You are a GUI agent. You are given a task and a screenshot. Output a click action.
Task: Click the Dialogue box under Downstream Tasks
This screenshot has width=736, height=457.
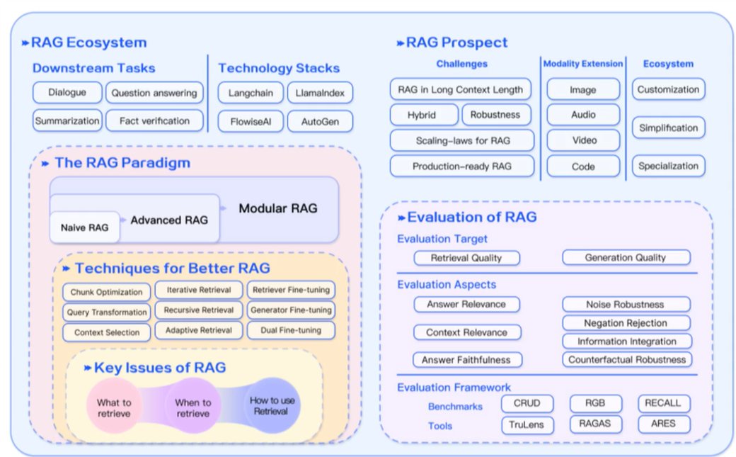[x=67, y=92]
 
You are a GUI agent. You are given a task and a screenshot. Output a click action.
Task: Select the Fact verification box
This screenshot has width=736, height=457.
[x=154, y=121]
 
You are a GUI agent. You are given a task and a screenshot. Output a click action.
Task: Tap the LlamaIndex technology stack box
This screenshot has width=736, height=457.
[x=320, y=93]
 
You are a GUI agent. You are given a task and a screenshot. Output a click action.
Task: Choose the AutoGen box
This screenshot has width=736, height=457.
[x=320, y=122]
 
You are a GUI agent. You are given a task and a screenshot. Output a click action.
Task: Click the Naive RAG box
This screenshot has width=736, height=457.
[x=84, y=227]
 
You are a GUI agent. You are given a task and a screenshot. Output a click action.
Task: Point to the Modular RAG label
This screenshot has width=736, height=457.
[x=277, y=208]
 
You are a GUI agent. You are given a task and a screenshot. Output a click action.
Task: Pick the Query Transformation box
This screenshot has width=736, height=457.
[x=107, y=312]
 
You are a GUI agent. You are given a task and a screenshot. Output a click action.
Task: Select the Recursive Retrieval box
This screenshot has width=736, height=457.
[x=198, y=310]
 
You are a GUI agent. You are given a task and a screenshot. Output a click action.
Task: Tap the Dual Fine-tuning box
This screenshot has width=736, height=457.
[x=290, y=330]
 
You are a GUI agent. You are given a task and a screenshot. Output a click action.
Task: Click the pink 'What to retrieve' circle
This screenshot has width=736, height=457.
[x=114, y=407]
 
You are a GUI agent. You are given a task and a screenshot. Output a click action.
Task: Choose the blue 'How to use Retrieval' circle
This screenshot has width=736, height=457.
[x=272, y=405]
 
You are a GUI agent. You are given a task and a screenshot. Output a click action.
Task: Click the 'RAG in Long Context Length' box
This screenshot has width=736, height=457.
[x=460, y=89]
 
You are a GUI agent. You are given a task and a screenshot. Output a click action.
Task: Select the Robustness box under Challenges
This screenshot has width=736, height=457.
[x=495, y=115]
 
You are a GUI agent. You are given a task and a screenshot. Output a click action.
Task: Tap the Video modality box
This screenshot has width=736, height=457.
[x=583, y=140]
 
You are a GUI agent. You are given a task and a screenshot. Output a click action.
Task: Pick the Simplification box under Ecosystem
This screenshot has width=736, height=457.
[x=668, y=128]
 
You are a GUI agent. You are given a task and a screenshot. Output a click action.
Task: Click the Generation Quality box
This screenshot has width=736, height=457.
[x=626, y=258]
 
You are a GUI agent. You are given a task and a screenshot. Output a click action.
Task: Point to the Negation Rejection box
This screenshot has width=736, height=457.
[x=626, y=323]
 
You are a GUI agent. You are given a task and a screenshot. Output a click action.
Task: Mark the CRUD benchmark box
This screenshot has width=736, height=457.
[x=527, y=403]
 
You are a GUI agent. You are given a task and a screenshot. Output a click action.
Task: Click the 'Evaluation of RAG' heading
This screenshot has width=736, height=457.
[x=471, y=218]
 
